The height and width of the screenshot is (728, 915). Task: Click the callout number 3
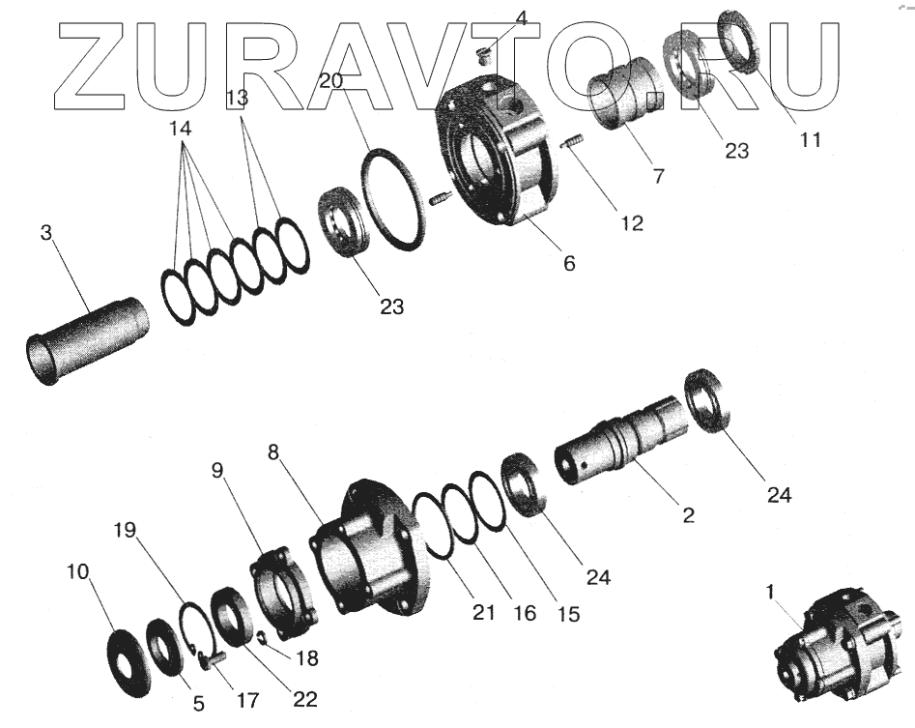[x=46, y=233]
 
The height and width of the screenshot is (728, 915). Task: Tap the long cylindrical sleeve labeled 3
[x=86, y=341]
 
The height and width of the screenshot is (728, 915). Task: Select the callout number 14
[x=181, y=129]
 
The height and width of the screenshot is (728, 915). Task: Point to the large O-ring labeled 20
[x=393, y=199]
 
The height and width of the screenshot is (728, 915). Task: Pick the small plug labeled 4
[x=483, y=55]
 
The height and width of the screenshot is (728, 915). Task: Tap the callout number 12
[x=633, y=223]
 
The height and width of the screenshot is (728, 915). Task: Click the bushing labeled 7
[x=624, y=93]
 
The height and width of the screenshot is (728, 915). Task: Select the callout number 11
[x=810, y=139]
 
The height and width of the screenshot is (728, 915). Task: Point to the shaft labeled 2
[x=621, y=438]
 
